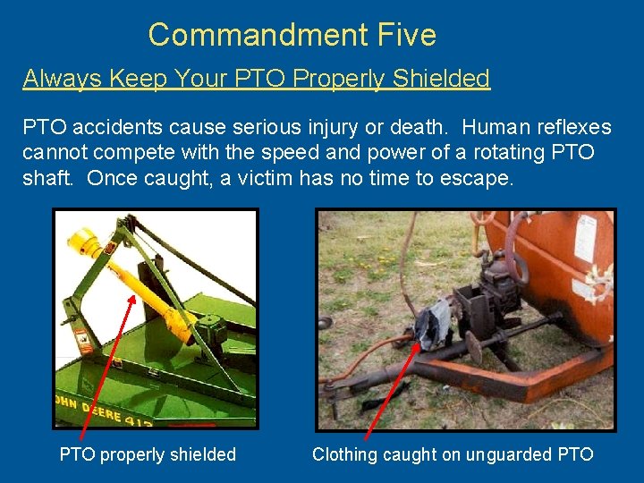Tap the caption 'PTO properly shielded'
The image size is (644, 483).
coord(148,454)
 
